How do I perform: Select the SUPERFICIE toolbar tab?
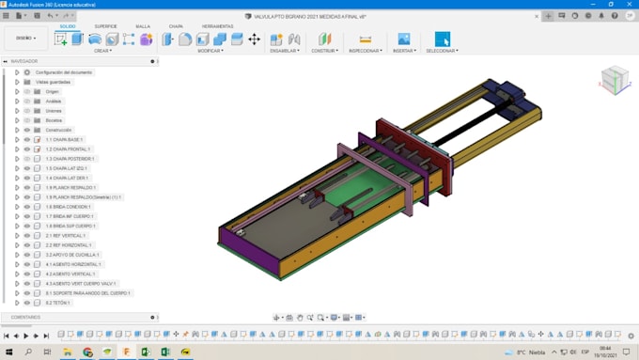(x=105, y=26)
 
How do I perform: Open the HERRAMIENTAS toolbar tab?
(x=217, y=26)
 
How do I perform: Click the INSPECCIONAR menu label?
(x=366, y=51)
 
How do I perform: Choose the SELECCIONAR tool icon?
(x=442, y=39)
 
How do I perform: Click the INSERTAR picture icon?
(x=403, y=39)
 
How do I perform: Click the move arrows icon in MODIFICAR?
(x=254, y=39)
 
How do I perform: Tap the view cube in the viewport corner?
(x=613, y=78)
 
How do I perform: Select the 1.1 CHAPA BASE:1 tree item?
(x=65, y=139)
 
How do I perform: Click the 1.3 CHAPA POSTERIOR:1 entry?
(x=70, y=159)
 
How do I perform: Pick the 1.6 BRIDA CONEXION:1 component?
(x=68, y=207)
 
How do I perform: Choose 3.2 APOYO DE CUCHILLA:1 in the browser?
(x=72, y=255)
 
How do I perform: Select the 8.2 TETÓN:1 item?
(x=58, y=303)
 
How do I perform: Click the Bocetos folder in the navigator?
(x=55, y=120)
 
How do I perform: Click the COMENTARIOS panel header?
(x=21, y=317)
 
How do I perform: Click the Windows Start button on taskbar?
(x=8, y=352)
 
